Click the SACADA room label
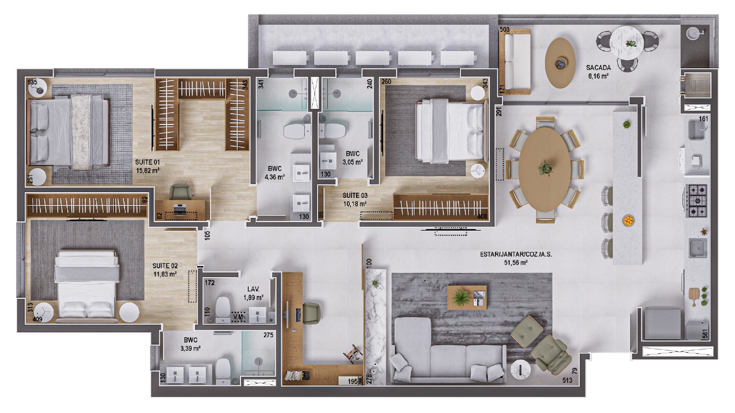pyautogui.click(x=598, y=68)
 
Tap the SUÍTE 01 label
pyautogui.click(x=148, y=162)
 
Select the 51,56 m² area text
pyautogui.click(x=516, y=263)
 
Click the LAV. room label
pyautogui.click(x=253, y=290)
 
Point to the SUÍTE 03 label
pyautogui.click(x=355, y=196)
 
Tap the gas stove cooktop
pyautogui.click(x=697, y=201)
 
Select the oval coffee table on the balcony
pyautogui.click(x=560, y=63)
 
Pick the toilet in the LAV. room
pyautogui.click(x=223, y=310)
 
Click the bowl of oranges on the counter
pyautogui.click(x=628, y=221)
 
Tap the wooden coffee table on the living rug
pyautogui.click(x=467, y=298)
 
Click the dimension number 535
pyautogui.click(x=32, y=82)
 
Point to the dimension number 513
pyautogui.click(x=567, y=380)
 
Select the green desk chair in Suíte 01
pyautogui.click(x=180, y=192)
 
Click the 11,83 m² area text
pyautogui.click(x=165, y=274)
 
